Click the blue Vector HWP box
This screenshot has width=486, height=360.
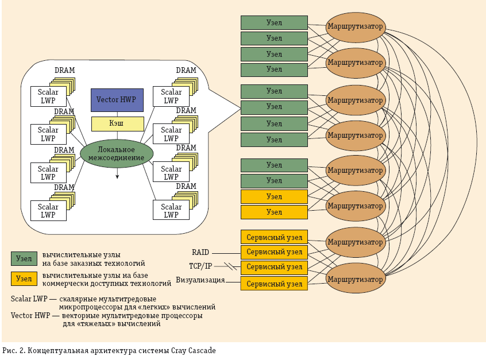(117, 100)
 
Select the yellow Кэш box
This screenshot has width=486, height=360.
(117, 123)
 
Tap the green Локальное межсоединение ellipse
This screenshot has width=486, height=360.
(117, 153)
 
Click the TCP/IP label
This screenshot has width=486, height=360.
(200, 266)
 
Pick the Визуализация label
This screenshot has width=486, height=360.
(200, 281)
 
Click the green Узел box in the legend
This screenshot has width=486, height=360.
(24, 258)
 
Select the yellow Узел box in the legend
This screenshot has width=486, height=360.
(24, 278)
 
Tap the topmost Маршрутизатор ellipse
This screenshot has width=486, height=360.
(355, 26)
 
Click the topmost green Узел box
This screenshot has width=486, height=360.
(274, 22)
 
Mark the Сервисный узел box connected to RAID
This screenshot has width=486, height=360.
(274, 252)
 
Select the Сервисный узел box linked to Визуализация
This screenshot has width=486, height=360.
(274, 284)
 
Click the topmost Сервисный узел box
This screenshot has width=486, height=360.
(274, 237)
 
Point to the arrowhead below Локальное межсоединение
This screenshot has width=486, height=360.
(117, 177)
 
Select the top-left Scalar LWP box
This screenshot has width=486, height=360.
(48, 96)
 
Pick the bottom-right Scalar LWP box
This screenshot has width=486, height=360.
(171, 210)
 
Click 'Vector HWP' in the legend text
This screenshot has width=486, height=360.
(30, 316)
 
